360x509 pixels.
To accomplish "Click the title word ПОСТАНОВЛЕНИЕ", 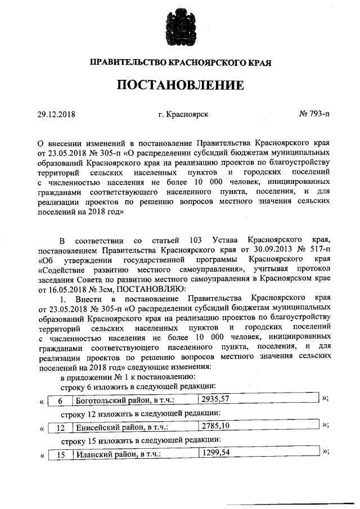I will [x=180, y=85].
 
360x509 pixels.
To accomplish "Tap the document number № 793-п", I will [x=314, y=114].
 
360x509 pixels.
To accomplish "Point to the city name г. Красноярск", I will [x=183, y=114].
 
